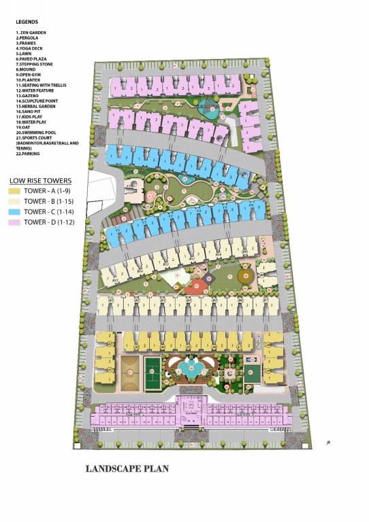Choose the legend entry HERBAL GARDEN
[x=36, y=106]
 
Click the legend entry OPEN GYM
[x=31, y=74]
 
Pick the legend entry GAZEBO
[x=29, y=95]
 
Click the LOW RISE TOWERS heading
[x=39, y=180]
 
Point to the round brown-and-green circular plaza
[x=246, y=277]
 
